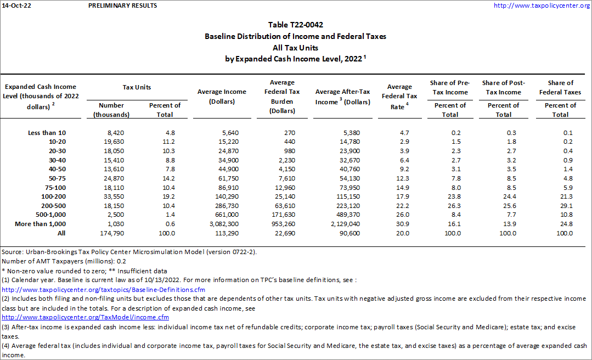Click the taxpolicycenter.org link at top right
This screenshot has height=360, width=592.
pyautogui.click(x=541, y=5)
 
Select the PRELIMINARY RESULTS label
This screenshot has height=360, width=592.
pyautogui.click(x=122, y=5)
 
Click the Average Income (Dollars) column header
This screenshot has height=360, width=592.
pyautogui.click(x=222, y=97)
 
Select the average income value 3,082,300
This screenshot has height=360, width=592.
pyautogui.click(x=222, y=224)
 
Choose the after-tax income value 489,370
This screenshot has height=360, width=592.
pyautogui.click(x=345, y=215)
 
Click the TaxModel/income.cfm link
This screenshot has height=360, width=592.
pyautogui.click(x=86, y=317)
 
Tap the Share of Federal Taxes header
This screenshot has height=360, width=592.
pyautogui.click(x=560, y=87)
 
